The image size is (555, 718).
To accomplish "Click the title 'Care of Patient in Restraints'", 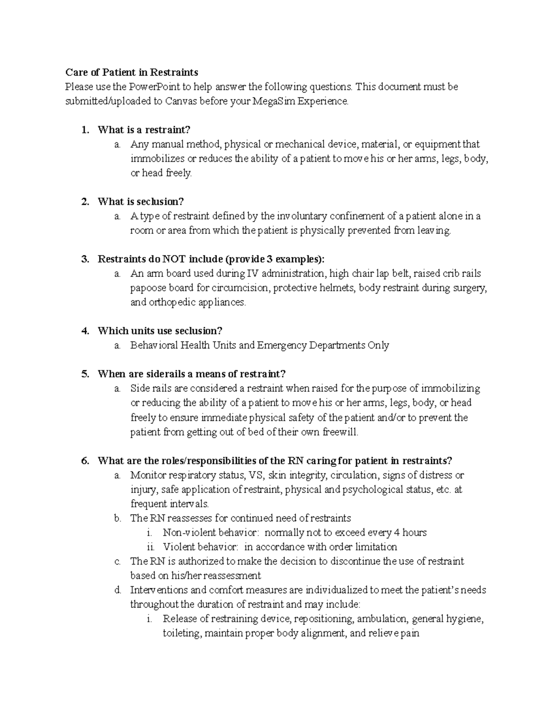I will pyautogui.click(x=131, y=72).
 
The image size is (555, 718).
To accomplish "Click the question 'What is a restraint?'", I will pyautogui.click(x=144, y=130).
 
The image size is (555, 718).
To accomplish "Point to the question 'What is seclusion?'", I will pyautogui.click(x=141, y=202).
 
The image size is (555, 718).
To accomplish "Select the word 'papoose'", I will pyautogui.click(x=147, y=288).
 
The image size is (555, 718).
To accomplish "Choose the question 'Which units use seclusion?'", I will pyautogui.click(x=160, y=331).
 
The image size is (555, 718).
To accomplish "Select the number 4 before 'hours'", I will pyautogui.click(x=396, y=533).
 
